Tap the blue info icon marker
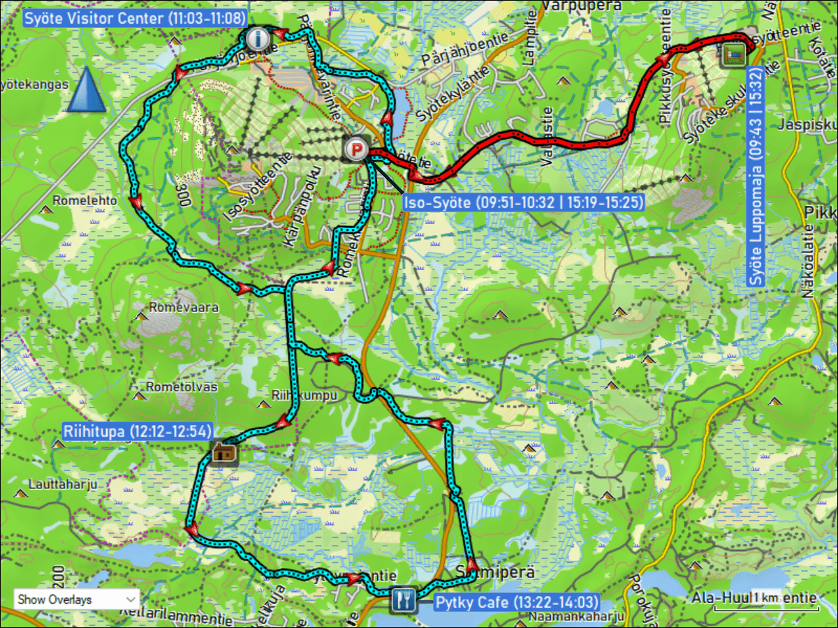pyautogui.click(x=258, y=38)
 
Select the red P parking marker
pyautogui.click(x=357, y=149)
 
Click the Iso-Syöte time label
pyautogui.click(x=523, y=203)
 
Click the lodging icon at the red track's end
pyautogui.click(x=733, y=54)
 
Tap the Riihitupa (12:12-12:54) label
pyautogui.click(x=138, y=431)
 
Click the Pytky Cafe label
pyautogui.click(x=516, y=602)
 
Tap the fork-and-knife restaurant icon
pyautogui.click(x=404, y=599)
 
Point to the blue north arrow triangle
pyautogui.click(x=87, y=90)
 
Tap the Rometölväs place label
pyautogui.click(x=182, y=387)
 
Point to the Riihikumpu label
pyautogui.click(x=305, y=396)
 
